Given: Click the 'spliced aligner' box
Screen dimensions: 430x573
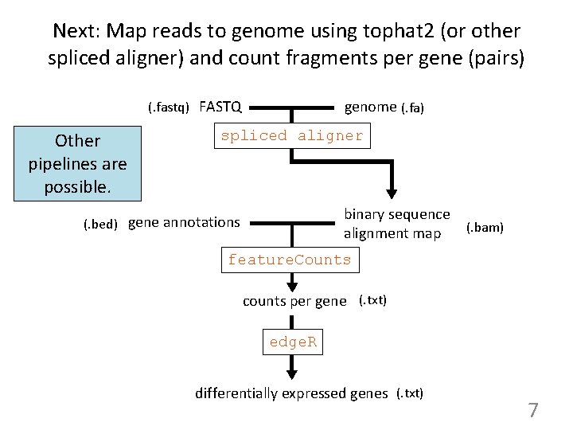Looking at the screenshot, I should click(291, 135).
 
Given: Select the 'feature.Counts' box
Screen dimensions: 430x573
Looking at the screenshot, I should click(289, 260).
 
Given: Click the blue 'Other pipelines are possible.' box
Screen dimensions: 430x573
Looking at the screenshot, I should click(77, 164).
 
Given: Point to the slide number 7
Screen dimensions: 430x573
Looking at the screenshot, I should click(532, 411).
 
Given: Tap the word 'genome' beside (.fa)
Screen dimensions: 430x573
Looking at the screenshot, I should click(370, 107).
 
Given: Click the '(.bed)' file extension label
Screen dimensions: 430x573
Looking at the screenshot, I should click(100, 224).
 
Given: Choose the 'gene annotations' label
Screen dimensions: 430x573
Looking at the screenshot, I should click(184, 222).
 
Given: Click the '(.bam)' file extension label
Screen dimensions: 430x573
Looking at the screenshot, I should click(484, 228).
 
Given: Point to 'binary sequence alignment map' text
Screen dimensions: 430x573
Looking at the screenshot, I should click(396, 224).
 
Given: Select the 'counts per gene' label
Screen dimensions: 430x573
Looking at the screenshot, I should click(294, 301).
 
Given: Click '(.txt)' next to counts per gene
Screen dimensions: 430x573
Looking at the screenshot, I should click(372, 300).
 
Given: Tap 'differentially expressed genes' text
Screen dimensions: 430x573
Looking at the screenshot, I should click(291, 393).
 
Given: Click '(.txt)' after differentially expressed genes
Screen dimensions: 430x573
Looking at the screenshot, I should click(410, 393).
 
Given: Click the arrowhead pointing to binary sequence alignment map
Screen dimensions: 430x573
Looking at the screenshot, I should click(392, 193).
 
